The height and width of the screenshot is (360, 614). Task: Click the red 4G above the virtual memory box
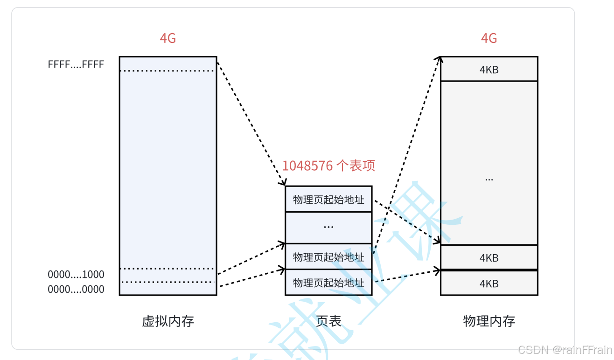[167, 38]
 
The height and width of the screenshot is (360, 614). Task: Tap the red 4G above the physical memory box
[489, 38]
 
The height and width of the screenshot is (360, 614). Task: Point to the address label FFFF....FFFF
[76, 64]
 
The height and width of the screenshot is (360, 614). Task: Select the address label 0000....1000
[76, 275]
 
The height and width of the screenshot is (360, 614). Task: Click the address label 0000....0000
[76, 290]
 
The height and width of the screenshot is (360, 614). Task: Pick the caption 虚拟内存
[167, 321]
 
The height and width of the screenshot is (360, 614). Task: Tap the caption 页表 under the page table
[328, 321]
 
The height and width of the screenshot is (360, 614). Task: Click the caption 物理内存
[489, 321]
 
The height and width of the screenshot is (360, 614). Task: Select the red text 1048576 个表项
[328, 166]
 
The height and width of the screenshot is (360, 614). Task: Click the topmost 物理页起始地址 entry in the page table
[328, 200]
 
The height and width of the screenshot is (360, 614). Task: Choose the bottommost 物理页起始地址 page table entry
[328, 283]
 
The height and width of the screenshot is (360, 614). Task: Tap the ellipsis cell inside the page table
[328, 227]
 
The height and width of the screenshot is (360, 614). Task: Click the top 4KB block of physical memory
[489, 69]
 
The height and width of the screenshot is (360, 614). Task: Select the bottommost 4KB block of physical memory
[489, 284]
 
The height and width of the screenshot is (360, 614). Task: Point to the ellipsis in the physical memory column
[489, 179]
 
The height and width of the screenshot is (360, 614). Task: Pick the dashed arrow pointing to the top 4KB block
[406, 154]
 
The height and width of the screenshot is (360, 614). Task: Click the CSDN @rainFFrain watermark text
[565, 350]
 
